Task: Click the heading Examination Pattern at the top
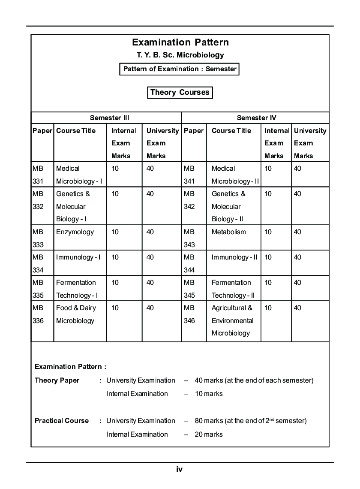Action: pos(180,42)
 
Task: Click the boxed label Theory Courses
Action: pos(180,92)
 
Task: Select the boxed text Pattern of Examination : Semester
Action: pos(180,69)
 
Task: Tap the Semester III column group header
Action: pos(109,118)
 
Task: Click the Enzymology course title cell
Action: pos(75,232)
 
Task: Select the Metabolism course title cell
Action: pos(229,232)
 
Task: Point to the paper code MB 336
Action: pos(38,314)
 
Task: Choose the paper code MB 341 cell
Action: pos(189,175)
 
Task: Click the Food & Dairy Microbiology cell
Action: pos(76,314)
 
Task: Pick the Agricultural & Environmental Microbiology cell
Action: pos(232,320)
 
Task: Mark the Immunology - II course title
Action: pos(234,257)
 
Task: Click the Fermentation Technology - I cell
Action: pos(77,289)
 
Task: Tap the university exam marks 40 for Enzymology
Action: pos(150,232)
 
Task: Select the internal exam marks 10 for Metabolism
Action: pos(268,232)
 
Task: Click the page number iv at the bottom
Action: pos(180,469)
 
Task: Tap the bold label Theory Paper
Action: pos(57,380)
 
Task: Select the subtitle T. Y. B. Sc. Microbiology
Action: pos(180,55)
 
